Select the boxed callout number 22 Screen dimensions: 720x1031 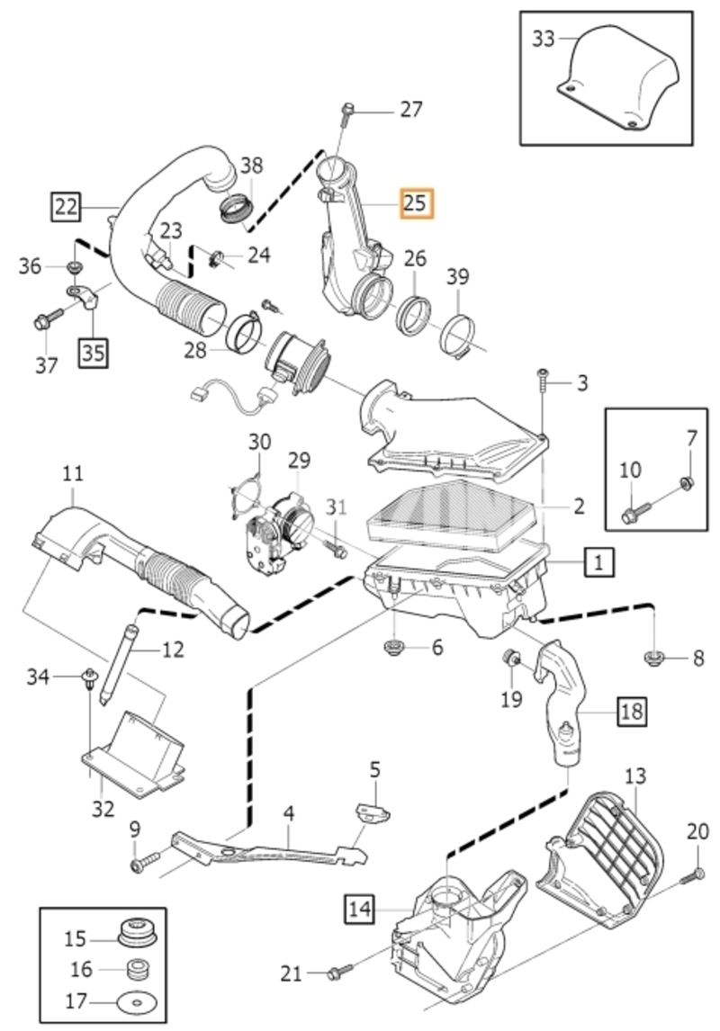tap(67, 207)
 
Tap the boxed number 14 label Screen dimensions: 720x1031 tap(360, 910)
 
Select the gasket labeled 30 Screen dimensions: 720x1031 tap(246, 501)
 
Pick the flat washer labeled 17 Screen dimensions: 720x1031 tap(137, 1004)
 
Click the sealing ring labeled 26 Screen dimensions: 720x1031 tap(414, 316)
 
